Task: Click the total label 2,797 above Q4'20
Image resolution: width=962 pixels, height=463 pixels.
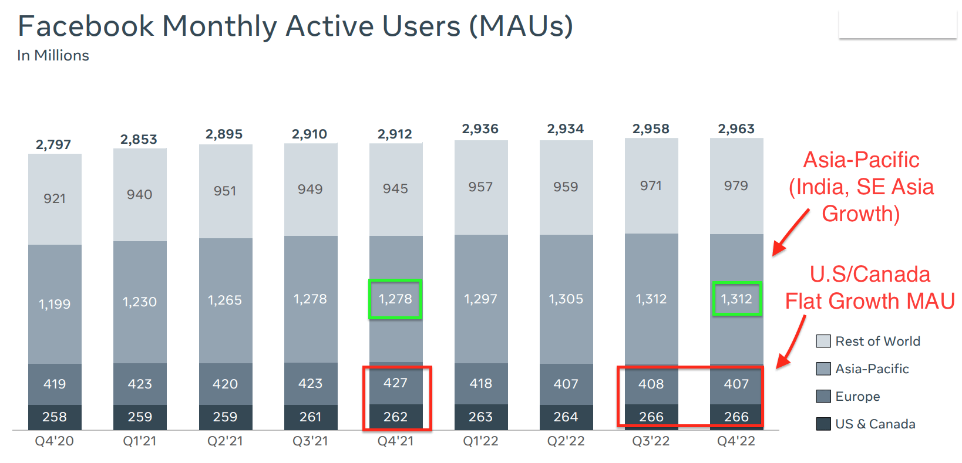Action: pyautogui.click(x=53, y=144)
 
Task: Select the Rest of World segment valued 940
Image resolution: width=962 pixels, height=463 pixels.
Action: pyautogui.click(x=139, y=194)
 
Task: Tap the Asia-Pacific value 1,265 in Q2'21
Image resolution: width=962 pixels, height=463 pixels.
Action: pyautogui.click(x=225, y=300)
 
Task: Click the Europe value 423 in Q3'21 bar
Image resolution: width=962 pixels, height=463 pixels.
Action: pyautogui.click(x=310, y=383)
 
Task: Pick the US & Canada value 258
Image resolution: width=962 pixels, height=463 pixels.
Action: pyautogui.click(x=54, y=417)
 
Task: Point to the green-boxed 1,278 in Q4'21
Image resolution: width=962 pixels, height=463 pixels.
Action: pyautogui.click(x=395, y=299)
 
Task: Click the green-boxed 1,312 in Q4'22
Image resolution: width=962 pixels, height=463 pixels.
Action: pyautogui.click(x=736, y=299)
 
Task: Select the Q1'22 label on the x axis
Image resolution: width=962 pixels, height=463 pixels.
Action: pyautogui.click(x=480, y=441)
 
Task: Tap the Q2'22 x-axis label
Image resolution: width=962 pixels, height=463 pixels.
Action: pyautogui.click(x=566, y=441)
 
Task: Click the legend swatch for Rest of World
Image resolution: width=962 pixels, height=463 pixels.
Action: pyautogui.click(x=823, y=341)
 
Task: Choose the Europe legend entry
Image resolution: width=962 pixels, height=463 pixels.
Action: pyautogui.click(x=857, y=396)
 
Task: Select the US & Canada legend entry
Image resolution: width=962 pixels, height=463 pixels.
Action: pyautogui.click(x=875, y=424)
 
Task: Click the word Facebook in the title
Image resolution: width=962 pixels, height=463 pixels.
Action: pyautogui.click(x=86, y=26)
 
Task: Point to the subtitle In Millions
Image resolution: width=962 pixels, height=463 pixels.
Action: pyautogui.click(x=53, y=55)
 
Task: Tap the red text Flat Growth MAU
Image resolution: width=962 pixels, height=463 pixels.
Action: pyautogui.click(x=870, y=301)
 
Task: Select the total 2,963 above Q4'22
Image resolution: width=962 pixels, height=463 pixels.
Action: pyautogui.click(x=736, y=129)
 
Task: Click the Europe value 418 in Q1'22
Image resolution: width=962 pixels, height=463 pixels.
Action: pyautogui.click(x=480, y=383)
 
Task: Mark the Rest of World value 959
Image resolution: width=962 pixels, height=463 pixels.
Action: pyautogui.click(x=566, y=187)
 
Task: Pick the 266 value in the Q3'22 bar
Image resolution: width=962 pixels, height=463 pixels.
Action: pyautogui.click(x=651, y=417)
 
